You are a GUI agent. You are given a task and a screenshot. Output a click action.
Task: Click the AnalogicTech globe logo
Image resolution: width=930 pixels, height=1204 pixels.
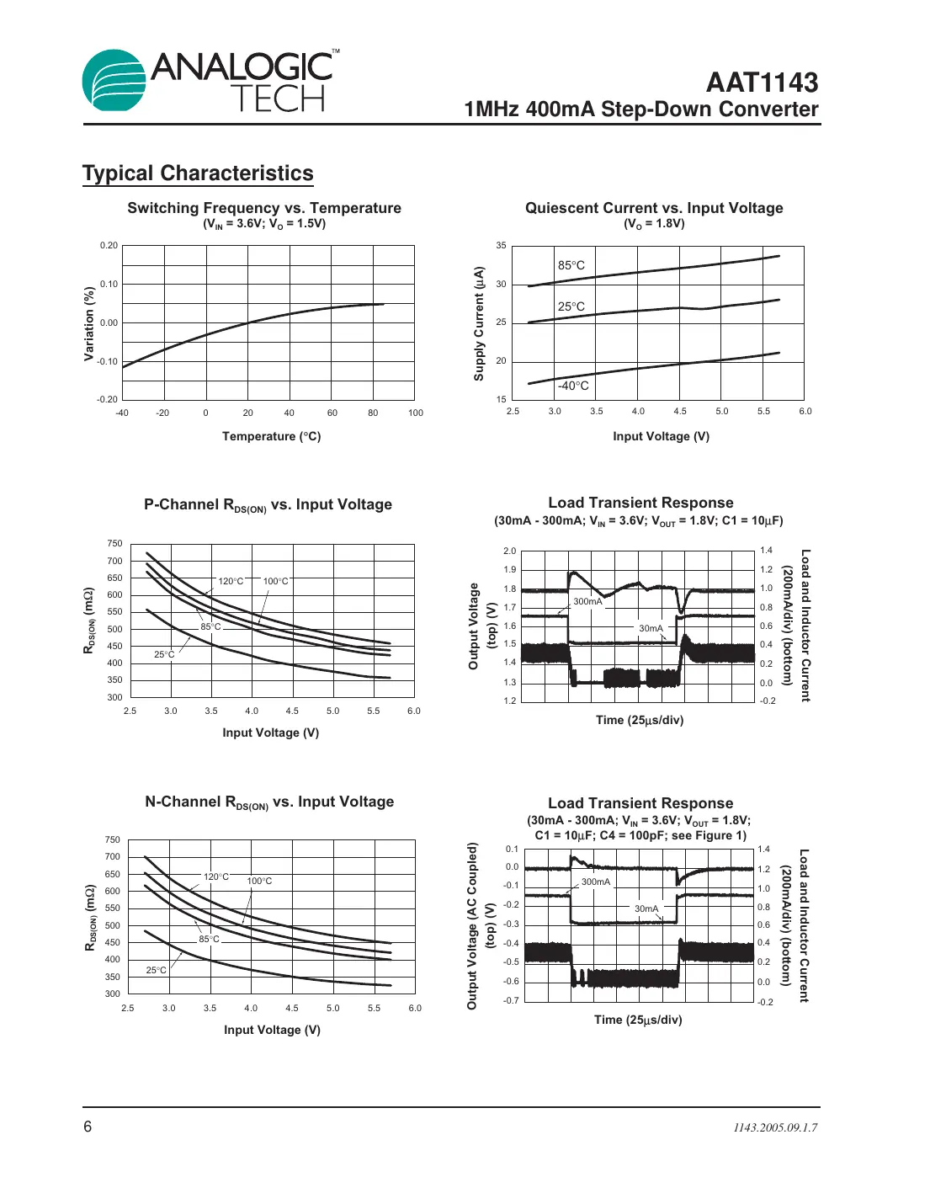click(114, 80)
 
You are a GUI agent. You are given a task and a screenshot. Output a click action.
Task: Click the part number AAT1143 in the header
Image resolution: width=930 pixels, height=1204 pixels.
click(762, 83)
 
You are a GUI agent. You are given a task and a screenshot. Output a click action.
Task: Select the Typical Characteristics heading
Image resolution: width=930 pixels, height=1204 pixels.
click(198, 173)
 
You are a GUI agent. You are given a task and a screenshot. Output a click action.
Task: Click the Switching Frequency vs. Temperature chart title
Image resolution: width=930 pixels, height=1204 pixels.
click(264, 208)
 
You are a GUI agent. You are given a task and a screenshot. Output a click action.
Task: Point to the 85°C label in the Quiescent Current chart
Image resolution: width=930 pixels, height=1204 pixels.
click(571, 265)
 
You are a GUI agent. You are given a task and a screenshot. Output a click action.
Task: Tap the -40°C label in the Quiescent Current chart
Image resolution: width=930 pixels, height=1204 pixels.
click(573, 386)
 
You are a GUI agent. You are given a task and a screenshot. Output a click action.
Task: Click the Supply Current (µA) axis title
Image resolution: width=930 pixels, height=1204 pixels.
click(479, 324)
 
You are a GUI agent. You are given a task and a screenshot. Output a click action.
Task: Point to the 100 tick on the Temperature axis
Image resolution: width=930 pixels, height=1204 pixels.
click(416, 413)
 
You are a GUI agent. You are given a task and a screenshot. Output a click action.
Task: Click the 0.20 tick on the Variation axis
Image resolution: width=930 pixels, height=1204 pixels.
click(109, 246)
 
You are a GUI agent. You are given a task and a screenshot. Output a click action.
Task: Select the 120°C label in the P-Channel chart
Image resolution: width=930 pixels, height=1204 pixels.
click(231, 581)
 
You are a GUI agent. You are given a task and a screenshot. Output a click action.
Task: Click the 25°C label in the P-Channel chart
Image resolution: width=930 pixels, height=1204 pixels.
click(164, 654)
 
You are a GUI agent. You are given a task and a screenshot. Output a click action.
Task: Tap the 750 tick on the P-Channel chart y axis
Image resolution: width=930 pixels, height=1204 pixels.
click(114, 544)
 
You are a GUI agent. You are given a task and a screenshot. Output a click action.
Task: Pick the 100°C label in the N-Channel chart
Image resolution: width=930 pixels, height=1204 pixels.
click(259, 881)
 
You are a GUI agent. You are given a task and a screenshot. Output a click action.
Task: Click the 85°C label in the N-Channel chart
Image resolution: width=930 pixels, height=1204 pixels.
click(209, 939)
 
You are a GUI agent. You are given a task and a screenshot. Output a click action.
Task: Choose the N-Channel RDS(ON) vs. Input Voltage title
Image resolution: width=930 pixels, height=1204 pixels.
click(269, 802)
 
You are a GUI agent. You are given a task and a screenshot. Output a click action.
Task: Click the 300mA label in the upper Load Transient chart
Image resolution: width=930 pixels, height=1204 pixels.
click(587, 601)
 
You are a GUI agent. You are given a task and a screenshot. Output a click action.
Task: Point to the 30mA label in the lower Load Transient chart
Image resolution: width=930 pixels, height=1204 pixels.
click(646, 908)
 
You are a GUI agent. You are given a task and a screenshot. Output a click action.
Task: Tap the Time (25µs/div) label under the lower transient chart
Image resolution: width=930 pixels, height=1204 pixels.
click(638, 1020)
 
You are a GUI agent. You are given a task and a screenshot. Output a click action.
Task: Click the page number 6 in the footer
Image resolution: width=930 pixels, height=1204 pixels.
click(88, 1127)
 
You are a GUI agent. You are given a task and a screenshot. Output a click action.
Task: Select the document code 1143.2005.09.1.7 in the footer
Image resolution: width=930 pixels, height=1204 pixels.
click(774, 1127)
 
